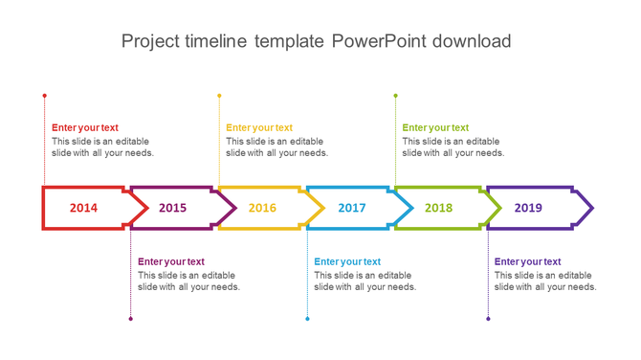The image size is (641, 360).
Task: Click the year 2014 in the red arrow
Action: pos(83,208)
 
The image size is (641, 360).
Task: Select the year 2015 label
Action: pos(173,208)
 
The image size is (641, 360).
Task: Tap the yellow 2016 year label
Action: pos(262,208)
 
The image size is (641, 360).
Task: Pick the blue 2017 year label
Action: pos(351,208)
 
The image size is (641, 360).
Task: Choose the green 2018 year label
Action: pos(438,208)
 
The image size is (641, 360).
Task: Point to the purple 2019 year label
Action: pos(528,208)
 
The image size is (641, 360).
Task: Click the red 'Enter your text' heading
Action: pos(85,127)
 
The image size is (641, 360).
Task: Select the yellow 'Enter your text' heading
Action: pos(259,127)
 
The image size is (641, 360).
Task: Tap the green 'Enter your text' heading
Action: pos(435,127)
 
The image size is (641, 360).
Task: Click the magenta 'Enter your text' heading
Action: pos(171,261)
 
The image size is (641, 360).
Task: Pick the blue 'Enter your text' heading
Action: pos(347,261)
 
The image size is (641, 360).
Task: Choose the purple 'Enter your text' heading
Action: pos(527,261)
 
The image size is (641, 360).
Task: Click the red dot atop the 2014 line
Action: pos(44,96)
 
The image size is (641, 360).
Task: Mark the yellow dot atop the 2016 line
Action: pos(219,96)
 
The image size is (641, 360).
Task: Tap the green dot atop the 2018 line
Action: pos(395,96)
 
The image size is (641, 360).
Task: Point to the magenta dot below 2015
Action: pos(131,319)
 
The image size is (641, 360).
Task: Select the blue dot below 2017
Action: pos(307,319)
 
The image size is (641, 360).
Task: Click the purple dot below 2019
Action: pos(488,319)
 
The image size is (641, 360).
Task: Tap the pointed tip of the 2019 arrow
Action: pos(591,208)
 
